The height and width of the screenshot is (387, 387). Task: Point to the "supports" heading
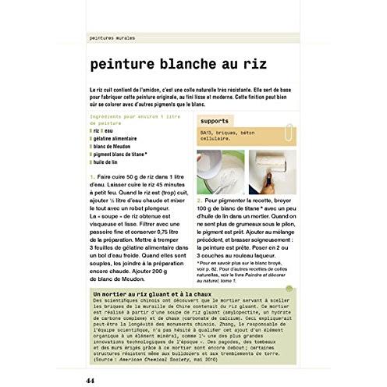coord(214,122)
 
